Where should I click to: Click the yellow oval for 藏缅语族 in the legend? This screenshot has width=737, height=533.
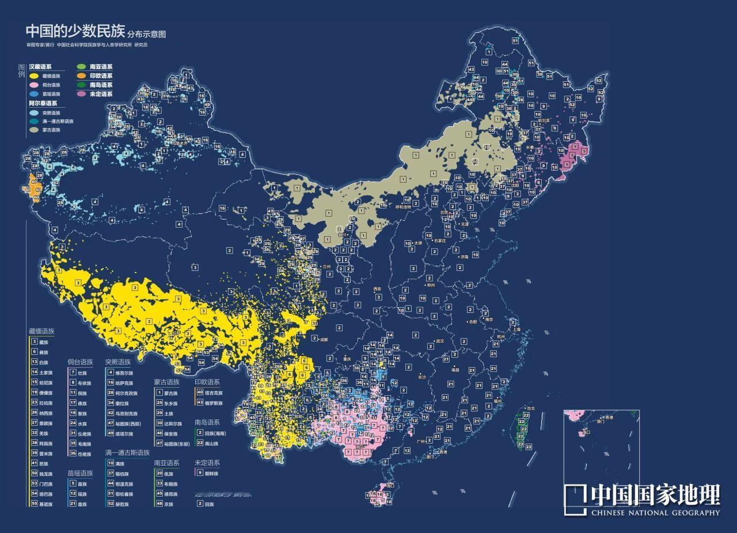(x=34, y=75)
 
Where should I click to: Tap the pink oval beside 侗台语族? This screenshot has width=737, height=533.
(x=34, y=85)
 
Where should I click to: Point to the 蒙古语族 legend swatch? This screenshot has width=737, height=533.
(x=34, y=130)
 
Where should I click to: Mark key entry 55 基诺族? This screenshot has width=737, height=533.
(x=41, y=504)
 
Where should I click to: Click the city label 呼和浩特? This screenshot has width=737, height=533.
(x=404, y=206)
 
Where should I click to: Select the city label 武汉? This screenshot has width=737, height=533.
(x=440, y=341)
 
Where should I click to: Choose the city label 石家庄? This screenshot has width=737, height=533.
(x=440, y=241)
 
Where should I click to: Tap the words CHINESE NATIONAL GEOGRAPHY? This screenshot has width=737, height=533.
(x=655, y=513)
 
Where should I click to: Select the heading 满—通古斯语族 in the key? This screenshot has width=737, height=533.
(x=127, y=453)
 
